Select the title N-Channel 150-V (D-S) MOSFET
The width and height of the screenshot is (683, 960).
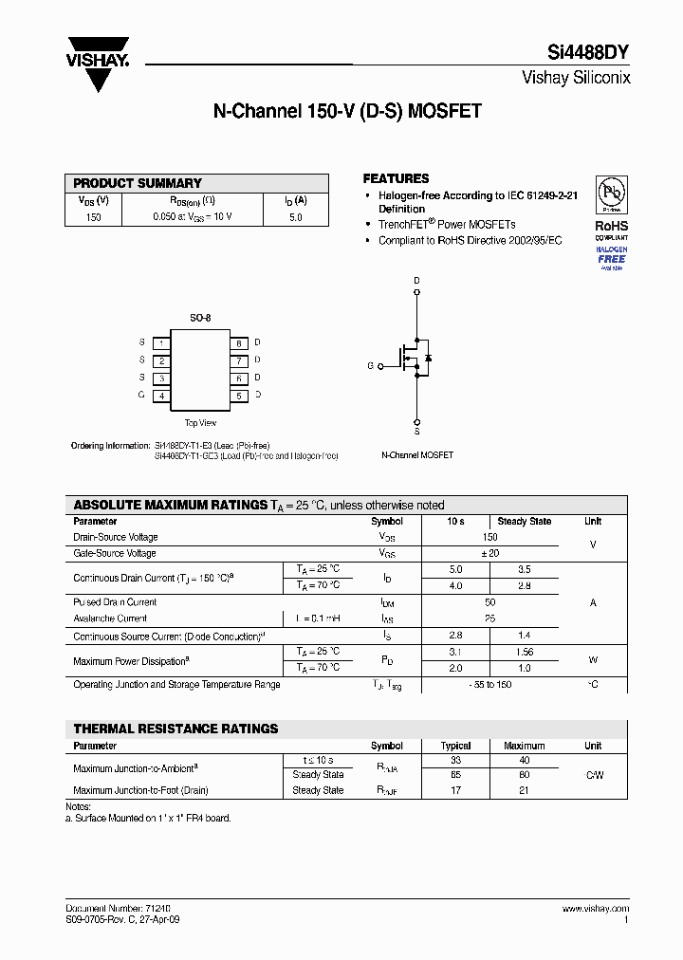tap(347, 112)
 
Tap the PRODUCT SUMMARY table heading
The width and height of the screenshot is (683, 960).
tap(138, 183)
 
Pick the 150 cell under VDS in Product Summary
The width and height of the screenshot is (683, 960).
tap(93, 217)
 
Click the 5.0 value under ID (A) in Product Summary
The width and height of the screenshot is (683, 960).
tap(295, 217)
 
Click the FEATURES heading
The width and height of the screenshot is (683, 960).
tap(396, 178)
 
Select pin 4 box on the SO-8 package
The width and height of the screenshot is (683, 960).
tap(162, 396)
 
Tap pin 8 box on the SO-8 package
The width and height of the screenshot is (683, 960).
tap(239, 342)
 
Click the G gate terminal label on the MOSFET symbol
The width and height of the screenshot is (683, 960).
tap(370, 365)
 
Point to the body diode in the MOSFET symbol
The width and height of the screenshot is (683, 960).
tap(429, 358)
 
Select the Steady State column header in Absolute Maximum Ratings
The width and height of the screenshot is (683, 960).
tap(524, 522)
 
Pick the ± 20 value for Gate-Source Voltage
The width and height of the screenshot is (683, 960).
tap(489, 553)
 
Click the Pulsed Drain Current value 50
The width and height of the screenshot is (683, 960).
tap(489, 602)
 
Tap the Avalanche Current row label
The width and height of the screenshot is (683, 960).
tap(110, 618)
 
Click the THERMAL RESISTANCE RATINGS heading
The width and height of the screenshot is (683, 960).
tap(175, 729)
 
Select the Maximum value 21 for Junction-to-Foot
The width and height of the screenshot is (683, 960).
tap(524, 790)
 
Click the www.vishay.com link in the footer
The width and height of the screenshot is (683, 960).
tap(594, 909)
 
